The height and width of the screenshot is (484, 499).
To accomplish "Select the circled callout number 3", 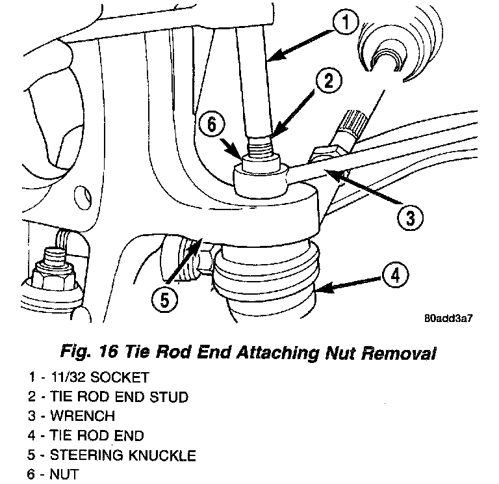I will pos(409,217).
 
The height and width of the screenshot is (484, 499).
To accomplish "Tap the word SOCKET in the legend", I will pos(123,377).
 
